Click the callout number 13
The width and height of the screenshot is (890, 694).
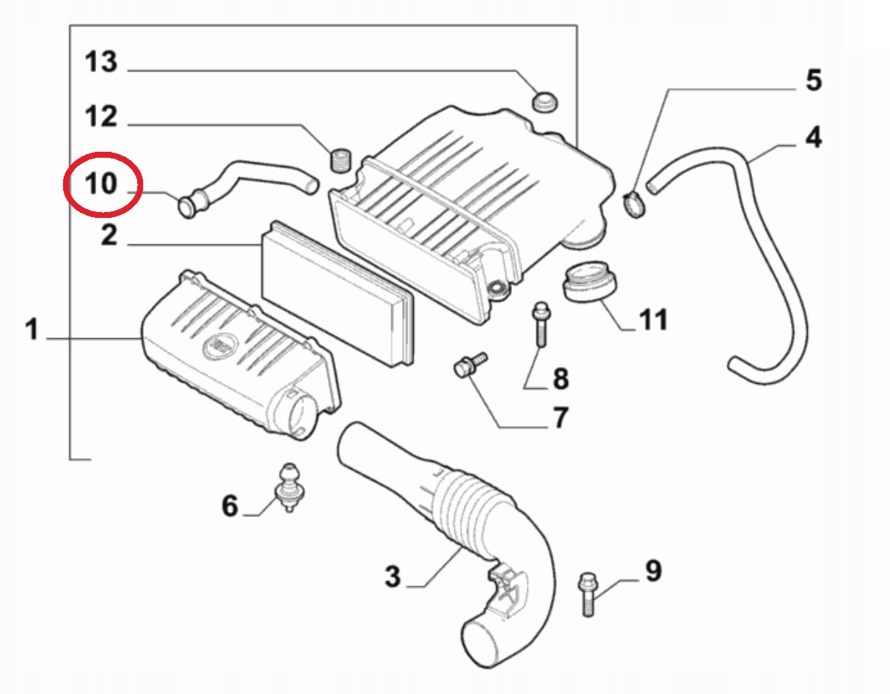pyautogui.click(x=101, y=62)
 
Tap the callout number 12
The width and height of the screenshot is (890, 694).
pyautogui.click(x=101, y=117)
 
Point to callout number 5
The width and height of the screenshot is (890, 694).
pyautogui.click(x=814, y=80)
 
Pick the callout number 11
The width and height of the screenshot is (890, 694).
pyautogui.click(x=653, y=319)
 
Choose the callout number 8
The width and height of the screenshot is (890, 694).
pyautogui.click(x=561, y=379)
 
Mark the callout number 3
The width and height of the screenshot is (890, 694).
pyautogui.click(x=393, y=576)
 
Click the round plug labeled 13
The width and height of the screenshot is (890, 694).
pyautogui.click(x=544, y=101)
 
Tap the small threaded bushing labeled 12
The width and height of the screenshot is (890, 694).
pyautogui.click(x=340, y=160)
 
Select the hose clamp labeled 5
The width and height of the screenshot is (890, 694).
pyautogui.click(x=634, y=205)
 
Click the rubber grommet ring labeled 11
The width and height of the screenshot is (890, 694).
pyautogui.click(x=589, y=287)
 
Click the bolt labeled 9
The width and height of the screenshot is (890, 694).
pyautogui.click(x=588, y=593)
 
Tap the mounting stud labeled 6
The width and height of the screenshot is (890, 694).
pyautogui.click(x=290, y=487)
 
